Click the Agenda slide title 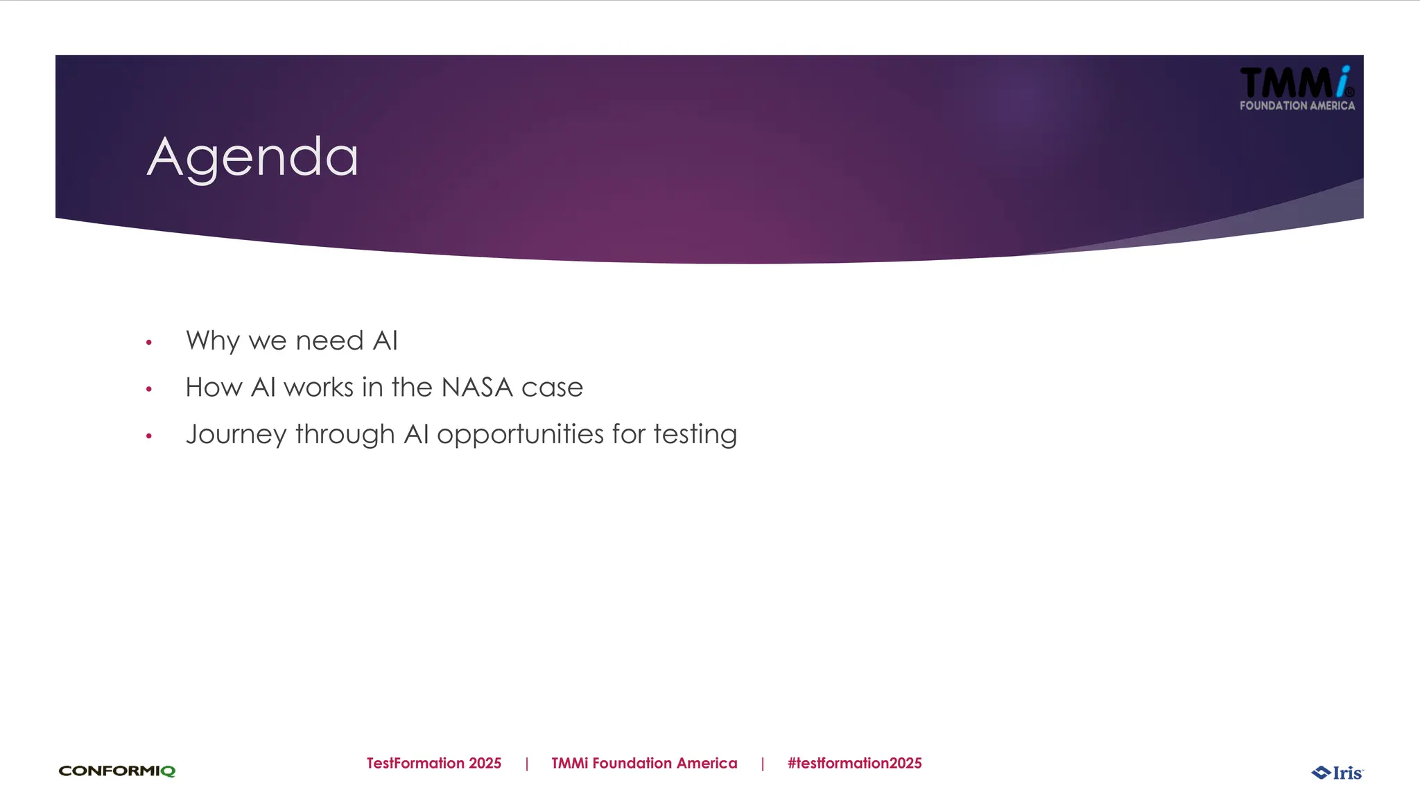253,158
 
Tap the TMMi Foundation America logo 1297,89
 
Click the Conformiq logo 117,771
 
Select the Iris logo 1337,773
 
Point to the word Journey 236,435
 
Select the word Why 212,341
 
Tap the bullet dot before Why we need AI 148,343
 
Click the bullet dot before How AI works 148,389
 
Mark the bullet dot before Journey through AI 148,436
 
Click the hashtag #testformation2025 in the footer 854,763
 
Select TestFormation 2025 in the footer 434,763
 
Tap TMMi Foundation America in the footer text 644,763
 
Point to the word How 214,387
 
